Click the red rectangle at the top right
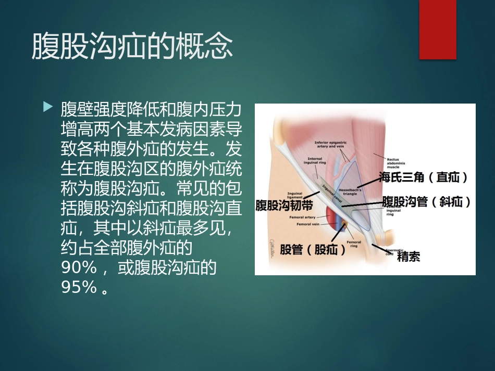click(x=438, y=29)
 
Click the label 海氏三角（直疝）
click(x=423, y=177)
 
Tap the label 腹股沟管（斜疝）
click(x=426, y=201)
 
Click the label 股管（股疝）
click(x=313, y=250)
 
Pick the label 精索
click(x=408, y=257)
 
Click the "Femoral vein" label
click(x=308, y=224)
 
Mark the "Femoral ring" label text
click(x=354, y=244)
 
